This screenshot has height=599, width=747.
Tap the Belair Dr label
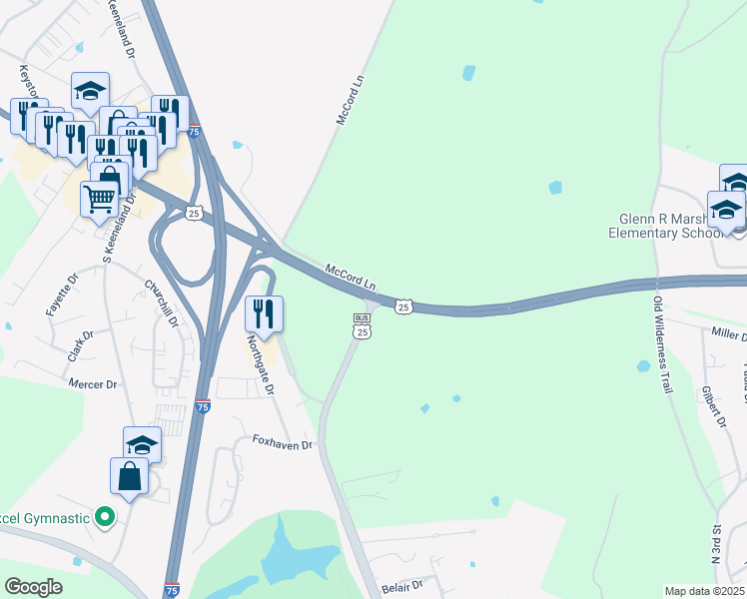pyautogui.click(x=403, y=584)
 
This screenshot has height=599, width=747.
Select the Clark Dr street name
pyautogui.click(x=80, y=346)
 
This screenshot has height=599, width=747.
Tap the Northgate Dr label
pyautogui.click(x=260, y=364)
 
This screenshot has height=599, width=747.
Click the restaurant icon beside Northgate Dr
pyautogui.click(x=265, y=313)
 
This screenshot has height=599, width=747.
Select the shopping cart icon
pyautogui.click(x=99, y=201)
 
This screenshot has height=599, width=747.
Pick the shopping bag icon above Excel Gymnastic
pyautogui.click(x=131, y=475)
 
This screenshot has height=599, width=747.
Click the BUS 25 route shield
pyautogui.click(x=363, y=325)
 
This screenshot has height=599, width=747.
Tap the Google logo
pyautogui.click(x=34, y=587)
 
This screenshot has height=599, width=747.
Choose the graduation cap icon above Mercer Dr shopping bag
pyautogui.click(x=142, y=443)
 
